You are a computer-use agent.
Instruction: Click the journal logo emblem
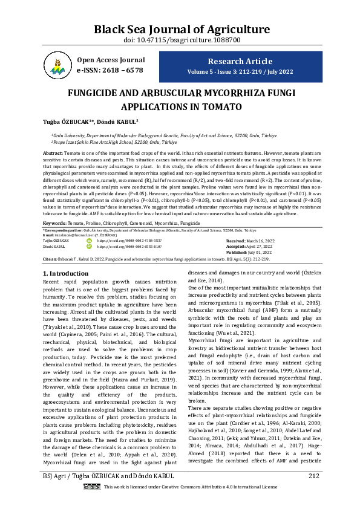click(57, 66)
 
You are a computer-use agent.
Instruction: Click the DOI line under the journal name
click(180, 40)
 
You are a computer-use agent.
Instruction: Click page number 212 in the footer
click(313, 493)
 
